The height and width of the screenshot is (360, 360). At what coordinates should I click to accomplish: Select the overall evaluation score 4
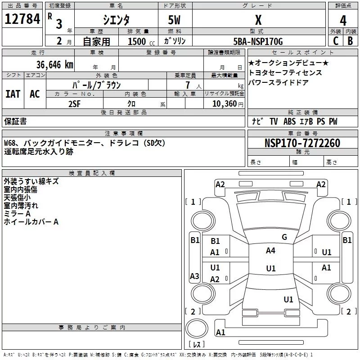click(x=343, y=21)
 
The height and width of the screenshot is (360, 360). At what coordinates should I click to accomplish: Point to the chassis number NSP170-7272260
click(x=302, y=143)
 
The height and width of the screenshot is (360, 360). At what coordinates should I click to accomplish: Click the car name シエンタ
click(x=117, y=20)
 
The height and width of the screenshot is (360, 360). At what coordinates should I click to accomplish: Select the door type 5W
click(x=174, y=21)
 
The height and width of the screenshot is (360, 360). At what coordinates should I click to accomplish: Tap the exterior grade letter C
click(x=335, y=41)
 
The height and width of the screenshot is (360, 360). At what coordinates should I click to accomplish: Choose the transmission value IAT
click(x=13, y=94)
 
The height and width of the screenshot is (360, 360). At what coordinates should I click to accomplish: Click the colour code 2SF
click(x=75, y=103)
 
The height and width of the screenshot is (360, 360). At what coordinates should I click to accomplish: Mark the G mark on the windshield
click(x=284, y=237)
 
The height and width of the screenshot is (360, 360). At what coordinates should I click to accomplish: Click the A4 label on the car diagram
click(x=270, y=251)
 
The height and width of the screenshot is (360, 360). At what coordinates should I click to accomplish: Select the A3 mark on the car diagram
click(x=194, y=276)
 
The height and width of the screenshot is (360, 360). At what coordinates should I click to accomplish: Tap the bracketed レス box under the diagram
click(x=196, y=345)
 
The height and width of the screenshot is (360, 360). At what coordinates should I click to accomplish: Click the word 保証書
click(x=15, y=121)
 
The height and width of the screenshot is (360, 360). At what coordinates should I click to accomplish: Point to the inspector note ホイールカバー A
click(x=31, y=222)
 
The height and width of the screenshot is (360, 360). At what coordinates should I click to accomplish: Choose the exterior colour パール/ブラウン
click(x=96, y=84)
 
